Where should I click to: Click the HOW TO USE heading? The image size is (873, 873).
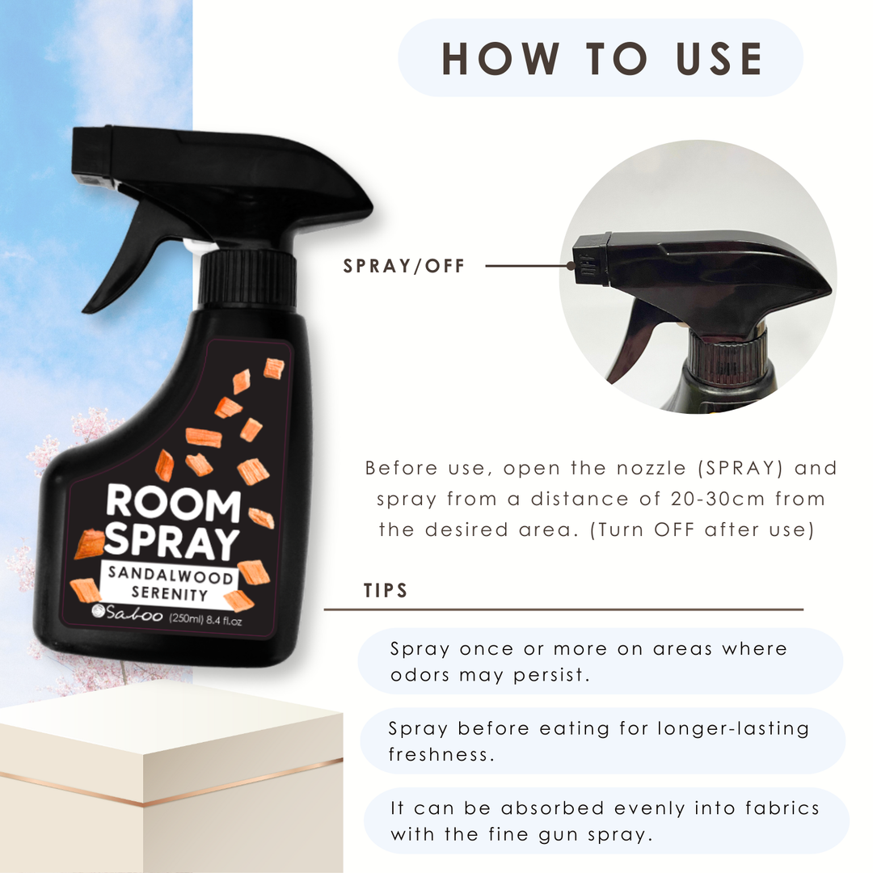pos(601,58)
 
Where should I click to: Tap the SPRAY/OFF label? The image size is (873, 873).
pos(403,266)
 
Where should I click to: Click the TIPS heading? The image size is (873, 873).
pos(386,590)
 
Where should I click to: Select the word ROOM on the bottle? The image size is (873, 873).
pos(173,502)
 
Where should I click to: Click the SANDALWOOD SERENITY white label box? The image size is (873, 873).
pos(170,584)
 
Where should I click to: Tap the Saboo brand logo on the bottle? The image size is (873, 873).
pos(127,613)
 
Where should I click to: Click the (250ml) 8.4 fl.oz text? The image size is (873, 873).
pos(205,619)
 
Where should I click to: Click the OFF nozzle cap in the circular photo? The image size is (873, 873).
pos(591,259)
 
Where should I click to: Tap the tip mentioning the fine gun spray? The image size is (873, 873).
pos(606,821)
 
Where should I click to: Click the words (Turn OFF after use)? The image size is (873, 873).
pos(702,529)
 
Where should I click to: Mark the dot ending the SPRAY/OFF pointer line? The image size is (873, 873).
pos(571,266)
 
